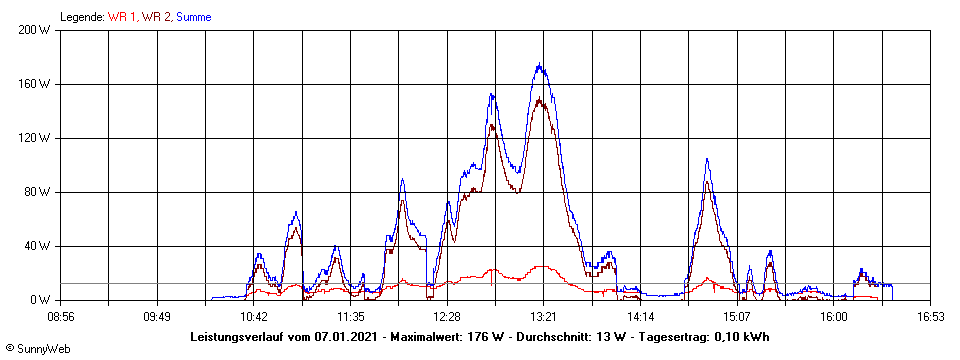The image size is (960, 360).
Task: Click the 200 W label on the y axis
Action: click(36, 30)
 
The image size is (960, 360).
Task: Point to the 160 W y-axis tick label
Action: click(36, 84)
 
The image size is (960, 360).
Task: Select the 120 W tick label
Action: click(36, 138)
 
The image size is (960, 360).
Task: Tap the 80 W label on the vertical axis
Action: click(39, 192)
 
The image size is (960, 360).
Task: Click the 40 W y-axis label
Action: click(39, 246)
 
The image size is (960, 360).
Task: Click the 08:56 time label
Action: click(61, 316)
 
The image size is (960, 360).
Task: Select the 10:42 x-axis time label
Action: click(254, 316)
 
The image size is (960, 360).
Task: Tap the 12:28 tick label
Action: click(447, 316)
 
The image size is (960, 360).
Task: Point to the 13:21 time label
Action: click(543, 316)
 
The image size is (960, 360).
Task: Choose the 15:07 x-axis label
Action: click(736, 316)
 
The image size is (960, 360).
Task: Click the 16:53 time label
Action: click(930, 316)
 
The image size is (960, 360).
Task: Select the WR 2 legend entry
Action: click(157, 17)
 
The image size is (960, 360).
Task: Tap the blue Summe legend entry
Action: click(193, 17)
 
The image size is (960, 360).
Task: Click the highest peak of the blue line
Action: click(540, 65)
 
